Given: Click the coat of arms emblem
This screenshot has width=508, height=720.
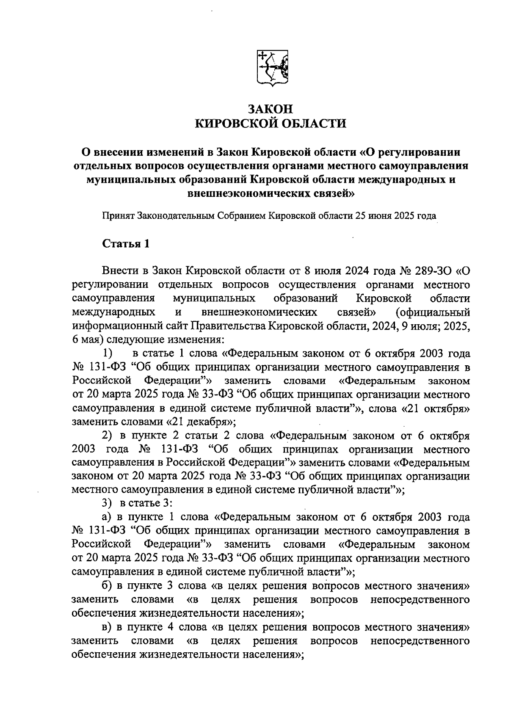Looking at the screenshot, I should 273,69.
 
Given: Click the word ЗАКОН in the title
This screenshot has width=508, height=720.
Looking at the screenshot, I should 270,109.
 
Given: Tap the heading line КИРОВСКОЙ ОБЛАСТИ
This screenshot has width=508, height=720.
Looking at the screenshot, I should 270,124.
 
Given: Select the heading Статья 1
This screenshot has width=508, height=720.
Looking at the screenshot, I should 126,244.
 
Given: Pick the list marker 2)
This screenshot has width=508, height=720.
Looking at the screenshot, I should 106,436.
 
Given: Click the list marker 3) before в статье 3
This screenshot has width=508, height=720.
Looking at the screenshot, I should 106,503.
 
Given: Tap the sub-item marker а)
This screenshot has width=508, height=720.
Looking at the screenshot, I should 106,517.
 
